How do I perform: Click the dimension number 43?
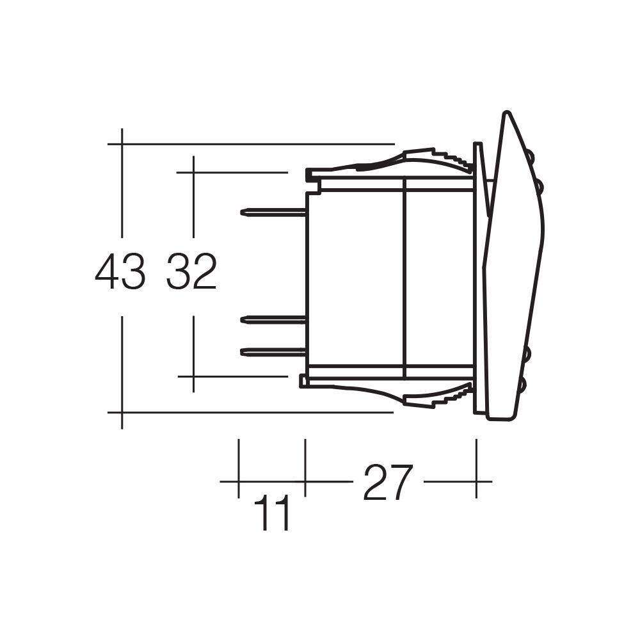[x=120, y=271]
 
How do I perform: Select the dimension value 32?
[x=192, y=271]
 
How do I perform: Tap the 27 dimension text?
[x=388, y=483]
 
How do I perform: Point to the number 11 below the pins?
[x=273, y=513]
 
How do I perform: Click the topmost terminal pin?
[x=273, y=212]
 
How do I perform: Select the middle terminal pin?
[x=273, y=319]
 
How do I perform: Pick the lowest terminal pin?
[x=273, y=351]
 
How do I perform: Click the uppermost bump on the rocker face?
[x=531, y=155]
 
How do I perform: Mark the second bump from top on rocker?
[x=540, y=186]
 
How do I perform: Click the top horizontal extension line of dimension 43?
[x=256, y=144]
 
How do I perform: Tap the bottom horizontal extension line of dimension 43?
[x=256, y=412]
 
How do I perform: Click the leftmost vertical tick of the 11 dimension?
[x=239, y=467]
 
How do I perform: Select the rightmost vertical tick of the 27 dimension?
[x=476, y=467]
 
